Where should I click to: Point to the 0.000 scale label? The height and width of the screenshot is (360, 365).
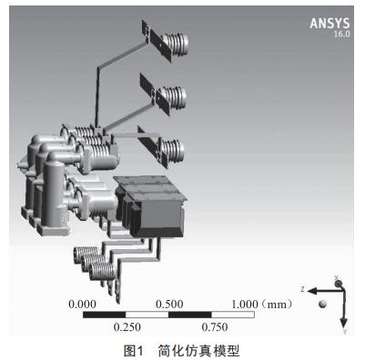coord(81,304)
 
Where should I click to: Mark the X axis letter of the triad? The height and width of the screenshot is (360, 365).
coord(337,276)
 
